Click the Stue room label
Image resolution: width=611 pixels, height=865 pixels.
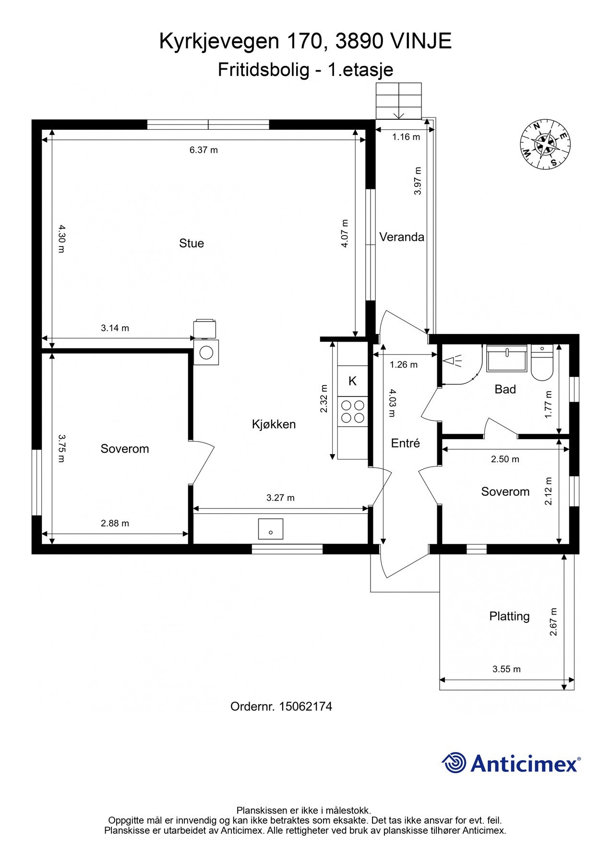click(x=192, y=243)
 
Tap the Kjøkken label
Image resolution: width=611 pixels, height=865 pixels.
click(x=274, y=424)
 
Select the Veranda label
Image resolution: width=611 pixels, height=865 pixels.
click(x=402, y=237)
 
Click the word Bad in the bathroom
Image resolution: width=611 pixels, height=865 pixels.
click(x=505, y=389)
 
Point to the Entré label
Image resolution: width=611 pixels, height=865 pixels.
click(x=405, y=443)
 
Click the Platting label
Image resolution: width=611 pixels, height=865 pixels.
click(x=509, y=616)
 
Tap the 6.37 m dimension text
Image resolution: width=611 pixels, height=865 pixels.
click(x=204, y=150)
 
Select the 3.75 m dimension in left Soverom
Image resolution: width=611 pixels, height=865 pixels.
click(x=61, y=448)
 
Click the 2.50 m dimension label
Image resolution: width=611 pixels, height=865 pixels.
click(x=505, y=459)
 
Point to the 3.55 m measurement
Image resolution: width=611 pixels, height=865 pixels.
click(x=506, y=669)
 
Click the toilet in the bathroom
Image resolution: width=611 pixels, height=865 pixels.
click(x=542, y=363)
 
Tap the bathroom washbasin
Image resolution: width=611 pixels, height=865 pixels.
click(x=506, y=358)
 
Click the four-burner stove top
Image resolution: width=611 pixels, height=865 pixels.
click(x=352, y=411)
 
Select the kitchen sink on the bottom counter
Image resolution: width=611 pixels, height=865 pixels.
click(x=271, y=529)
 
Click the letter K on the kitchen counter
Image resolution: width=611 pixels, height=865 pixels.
click(x=352, y=381)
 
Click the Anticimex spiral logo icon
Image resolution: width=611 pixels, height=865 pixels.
click(x=454, y=763)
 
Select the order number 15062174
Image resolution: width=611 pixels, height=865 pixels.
click(x=305, y=706)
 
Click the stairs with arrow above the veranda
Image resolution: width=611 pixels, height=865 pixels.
click(x=398, y=101)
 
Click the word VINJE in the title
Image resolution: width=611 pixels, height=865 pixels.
click(x=421, y=42)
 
